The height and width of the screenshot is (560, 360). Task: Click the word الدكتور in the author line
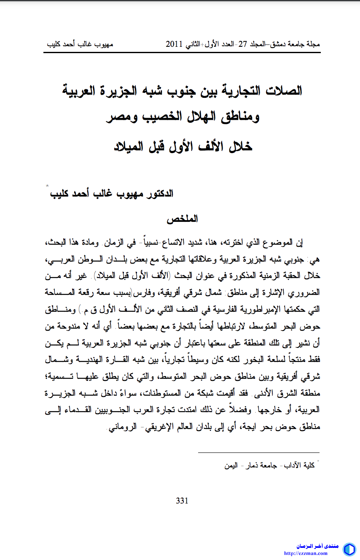[x=158, y=194]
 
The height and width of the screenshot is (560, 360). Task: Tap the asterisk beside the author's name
[x=47, y=186]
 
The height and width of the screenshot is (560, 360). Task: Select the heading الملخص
[x=182, y=220]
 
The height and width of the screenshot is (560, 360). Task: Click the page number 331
[x=182, y=501]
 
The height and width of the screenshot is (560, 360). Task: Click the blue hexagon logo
[x=349, y=549]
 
